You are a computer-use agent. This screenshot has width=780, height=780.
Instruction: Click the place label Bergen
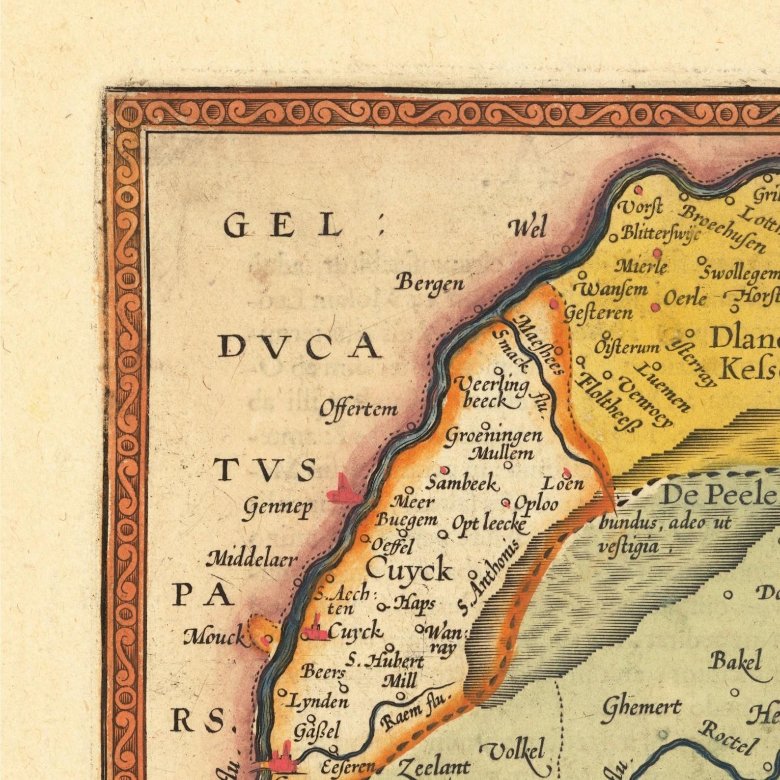pyautogui.click(x=430, y=284)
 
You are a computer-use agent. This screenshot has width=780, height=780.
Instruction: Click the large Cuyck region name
pyautogui.click(x=409, y=570)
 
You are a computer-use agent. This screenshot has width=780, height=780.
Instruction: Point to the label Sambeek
pyautogui.click(x=462, y=484)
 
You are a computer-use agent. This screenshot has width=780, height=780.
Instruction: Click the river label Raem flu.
pyautogui.click(x=414, y=711)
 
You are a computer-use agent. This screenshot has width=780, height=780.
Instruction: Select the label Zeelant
pyautogui.click(x=433, y=767)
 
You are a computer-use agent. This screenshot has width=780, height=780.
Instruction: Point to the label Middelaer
pyautogui.click(x=251, y=559)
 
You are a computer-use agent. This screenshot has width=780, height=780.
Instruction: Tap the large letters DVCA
pyautogui.click(x=300, y=347)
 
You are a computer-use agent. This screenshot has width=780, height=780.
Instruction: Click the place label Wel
pyautogui.click(x=527, y=228)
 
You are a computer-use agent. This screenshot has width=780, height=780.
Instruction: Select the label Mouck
pyautogui.click(x=214, y=638)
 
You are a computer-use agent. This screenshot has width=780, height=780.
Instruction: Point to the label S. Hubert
pyautogui.click(x=386, y=662)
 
